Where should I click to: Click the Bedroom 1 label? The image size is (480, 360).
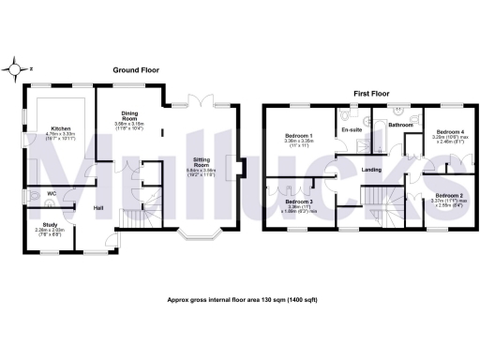coord(300,137)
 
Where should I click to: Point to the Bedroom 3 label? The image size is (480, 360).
coord(298,202)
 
